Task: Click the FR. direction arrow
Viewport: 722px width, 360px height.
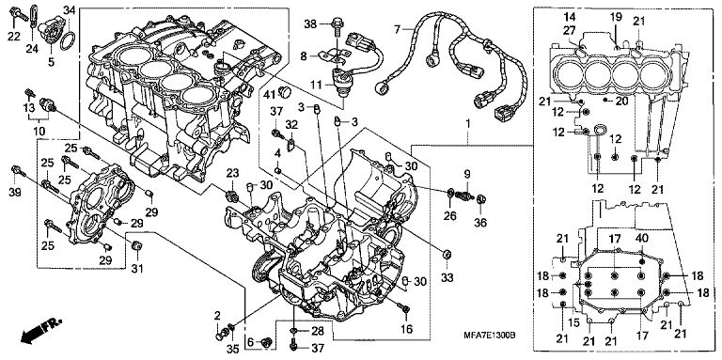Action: coord(40,331)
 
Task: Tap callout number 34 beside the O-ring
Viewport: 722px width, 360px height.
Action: coord(69,9)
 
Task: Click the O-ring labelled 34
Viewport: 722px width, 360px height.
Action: coord(68,40)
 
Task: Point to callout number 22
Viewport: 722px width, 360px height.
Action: coord(13,37)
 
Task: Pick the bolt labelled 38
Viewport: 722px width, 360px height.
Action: coord(337,25)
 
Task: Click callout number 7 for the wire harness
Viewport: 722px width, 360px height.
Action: coord(397,30)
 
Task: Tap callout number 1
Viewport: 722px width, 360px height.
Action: coord(468,124)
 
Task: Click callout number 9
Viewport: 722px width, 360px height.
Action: coord(467,174)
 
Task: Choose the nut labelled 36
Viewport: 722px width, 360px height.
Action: coord(481,199)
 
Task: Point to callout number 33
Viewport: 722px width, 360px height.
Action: coord(447,277)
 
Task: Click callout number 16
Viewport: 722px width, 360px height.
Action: coord(406,329)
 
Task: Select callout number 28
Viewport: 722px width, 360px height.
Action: coord(317,331)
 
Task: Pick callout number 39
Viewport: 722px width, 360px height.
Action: coord(15,193)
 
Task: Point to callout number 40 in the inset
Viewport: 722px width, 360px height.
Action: coord(642,239)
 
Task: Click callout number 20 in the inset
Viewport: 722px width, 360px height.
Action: coord(621,102)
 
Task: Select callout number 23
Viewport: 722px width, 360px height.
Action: coord(233,173)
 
